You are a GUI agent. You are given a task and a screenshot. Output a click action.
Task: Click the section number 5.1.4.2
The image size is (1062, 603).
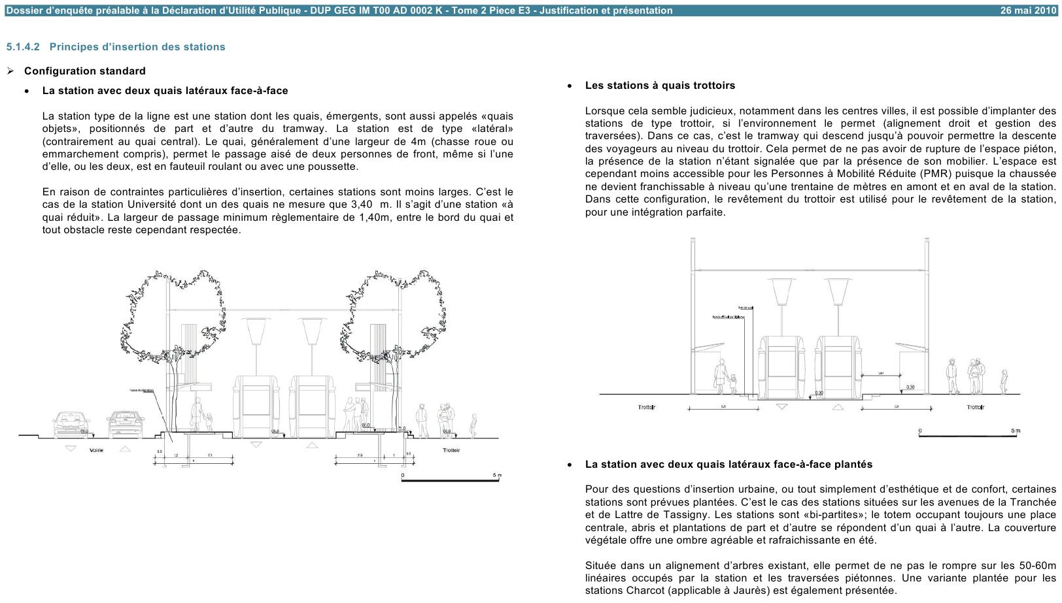(x=24, y=47)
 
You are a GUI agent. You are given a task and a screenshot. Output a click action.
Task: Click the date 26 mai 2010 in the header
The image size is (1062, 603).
(x=1027, y=10)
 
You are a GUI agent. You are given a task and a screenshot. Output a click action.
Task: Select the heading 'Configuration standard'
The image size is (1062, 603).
(x=85, y=71)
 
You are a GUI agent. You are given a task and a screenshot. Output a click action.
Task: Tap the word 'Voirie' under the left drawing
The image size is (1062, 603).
(x=96, y=450)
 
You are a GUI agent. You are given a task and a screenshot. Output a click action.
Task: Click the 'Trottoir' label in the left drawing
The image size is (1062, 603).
(x=451, y=450)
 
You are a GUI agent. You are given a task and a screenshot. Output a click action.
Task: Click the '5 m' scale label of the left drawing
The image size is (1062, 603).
(x=496, y=475)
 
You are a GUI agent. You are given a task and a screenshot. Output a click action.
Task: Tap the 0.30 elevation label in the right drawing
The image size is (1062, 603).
(x=910, y=387)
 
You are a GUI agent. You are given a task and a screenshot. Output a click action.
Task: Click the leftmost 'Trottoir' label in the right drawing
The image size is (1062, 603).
(x=647, y=408)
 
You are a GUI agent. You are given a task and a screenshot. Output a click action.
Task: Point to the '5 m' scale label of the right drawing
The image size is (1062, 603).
(x=1015, y=431)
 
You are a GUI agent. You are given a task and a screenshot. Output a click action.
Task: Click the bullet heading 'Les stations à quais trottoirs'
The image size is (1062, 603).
(x=660, y=86)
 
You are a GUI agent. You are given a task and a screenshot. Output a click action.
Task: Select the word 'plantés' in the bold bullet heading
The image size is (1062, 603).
(x=853, y=464)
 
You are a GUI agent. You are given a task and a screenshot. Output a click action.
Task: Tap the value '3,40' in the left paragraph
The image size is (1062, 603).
(x=362, y=204)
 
